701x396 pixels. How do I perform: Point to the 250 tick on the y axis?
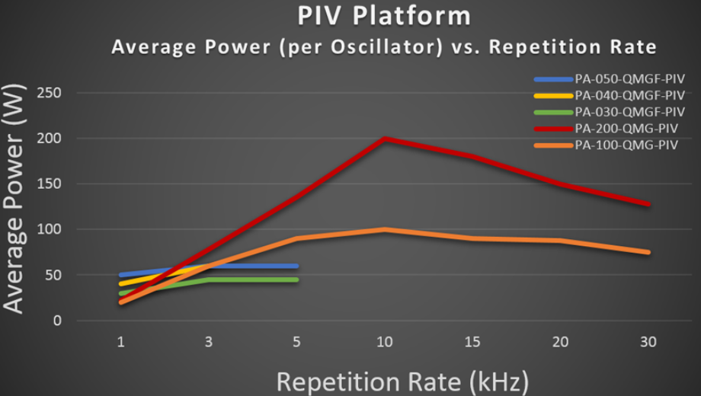point(55,93)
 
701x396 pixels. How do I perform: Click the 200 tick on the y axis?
point(55,139)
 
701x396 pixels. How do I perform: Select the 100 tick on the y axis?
point(55,229)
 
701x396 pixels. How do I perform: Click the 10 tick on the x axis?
point(385,343)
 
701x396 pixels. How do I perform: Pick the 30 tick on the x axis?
point(648,343)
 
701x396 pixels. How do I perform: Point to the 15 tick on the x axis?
point(472,343)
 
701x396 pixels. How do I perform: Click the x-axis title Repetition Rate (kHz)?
point(402,380)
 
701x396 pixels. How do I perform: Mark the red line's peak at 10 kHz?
point(385,139)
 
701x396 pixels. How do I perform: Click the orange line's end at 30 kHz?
point(648,252)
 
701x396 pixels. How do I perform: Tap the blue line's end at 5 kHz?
point(296,266)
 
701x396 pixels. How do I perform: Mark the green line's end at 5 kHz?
point(296,279)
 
